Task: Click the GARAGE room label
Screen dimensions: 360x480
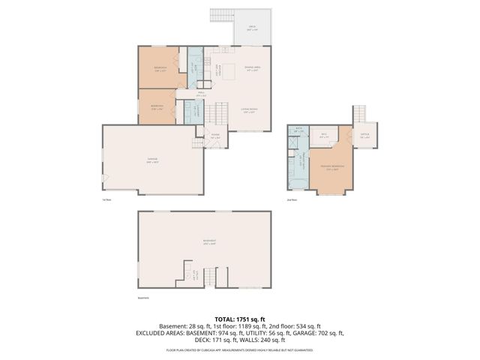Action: [x=152, y=162]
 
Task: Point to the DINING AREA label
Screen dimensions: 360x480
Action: [x=253, y=67]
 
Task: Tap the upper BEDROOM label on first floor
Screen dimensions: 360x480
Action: [x=160, y=68]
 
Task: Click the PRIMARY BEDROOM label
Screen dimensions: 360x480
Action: [x=332, y=166]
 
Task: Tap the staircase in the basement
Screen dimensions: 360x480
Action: [x=211, y=277]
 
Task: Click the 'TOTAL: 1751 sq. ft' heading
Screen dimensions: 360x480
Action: [x=239, y=319]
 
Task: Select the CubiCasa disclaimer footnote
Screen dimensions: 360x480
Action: [x=239, y=349]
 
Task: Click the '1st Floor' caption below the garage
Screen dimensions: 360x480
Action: [x=107, y=199]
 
